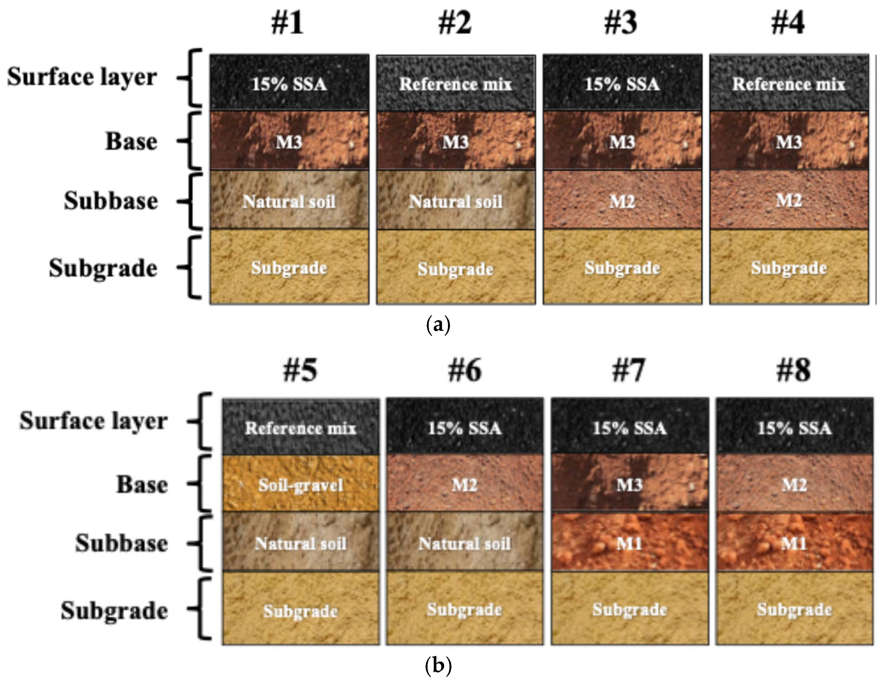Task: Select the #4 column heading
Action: click(x=788, y=23)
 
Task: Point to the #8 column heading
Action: click(x=793, y=370)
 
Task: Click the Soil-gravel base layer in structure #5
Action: click(x=300, y=484)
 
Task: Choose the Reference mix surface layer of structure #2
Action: click(x=456, y=83)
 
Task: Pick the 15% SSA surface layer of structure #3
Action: click(x=622, y=83)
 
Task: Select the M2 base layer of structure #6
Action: click(x=464, y=484)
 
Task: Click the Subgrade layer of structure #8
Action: click(x=794, y=609)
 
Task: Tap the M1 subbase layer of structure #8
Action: click(x=794, y=543)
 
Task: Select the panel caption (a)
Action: click(x=438, y=325)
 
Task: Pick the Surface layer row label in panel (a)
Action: click(x=82, y=77)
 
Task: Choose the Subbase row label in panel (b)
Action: click(x=121, y=543)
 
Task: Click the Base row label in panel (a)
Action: click(x=132, y=142)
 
